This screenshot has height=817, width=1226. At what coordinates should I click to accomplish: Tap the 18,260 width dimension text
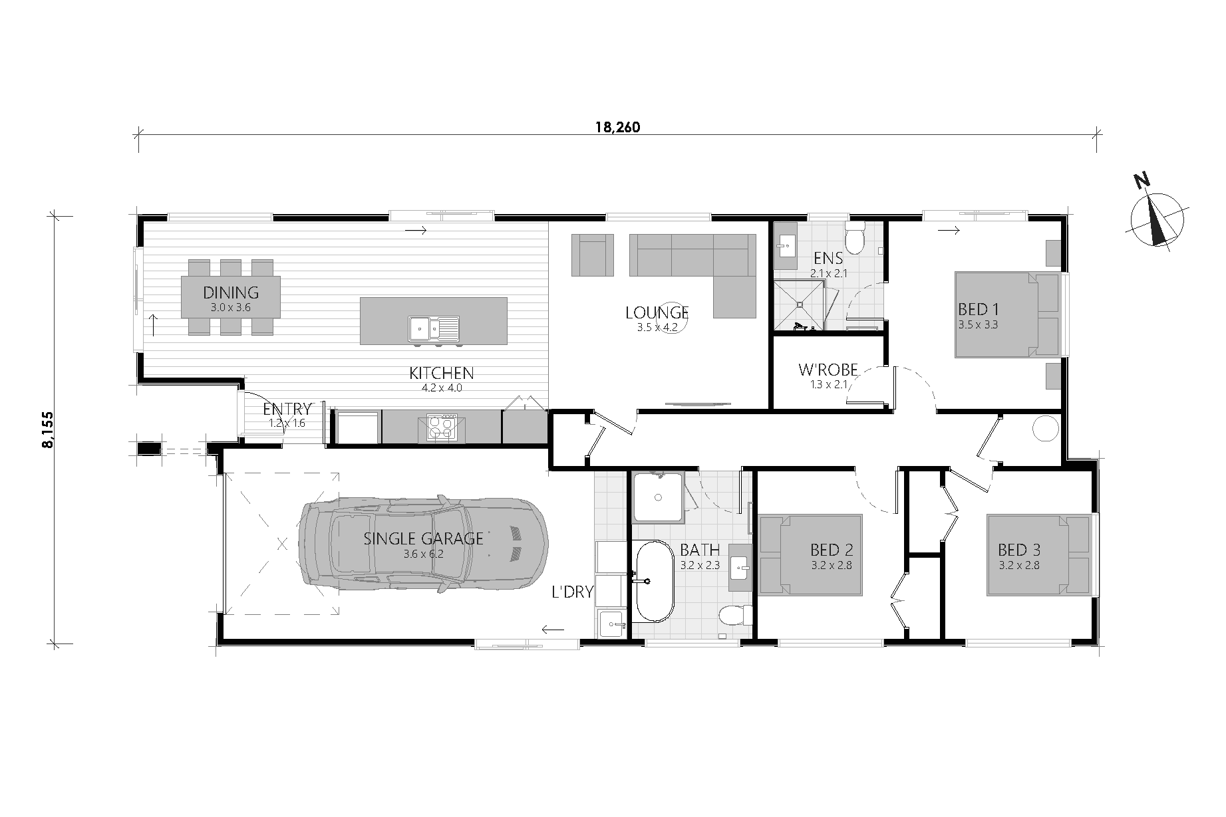(617, 128)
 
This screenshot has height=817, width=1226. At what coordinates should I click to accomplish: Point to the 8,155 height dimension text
(47, 430)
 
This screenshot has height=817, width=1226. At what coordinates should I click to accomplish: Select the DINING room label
(231, 292)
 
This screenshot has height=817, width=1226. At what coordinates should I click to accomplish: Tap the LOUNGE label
(657, 312)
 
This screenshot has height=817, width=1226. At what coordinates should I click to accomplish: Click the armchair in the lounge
(592, 255)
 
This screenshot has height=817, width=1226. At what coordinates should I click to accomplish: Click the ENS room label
(828, 259)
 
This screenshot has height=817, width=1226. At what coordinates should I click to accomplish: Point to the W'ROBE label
(828, 370)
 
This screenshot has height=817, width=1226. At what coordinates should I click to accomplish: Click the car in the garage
(424, 544)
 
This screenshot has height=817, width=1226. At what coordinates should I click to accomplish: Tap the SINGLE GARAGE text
(423, 538)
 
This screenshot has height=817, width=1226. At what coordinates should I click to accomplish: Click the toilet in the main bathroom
(734, 615)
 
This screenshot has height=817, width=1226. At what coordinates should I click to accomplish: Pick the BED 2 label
(832, 550)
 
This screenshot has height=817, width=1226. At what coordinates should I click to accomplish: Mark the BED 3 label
(1019, 550)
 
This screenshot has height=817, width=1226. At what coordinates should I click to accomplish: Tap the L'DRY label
(573, 592)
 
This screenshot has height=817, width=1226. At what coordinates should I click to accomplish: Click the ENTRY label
(287, 409)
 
